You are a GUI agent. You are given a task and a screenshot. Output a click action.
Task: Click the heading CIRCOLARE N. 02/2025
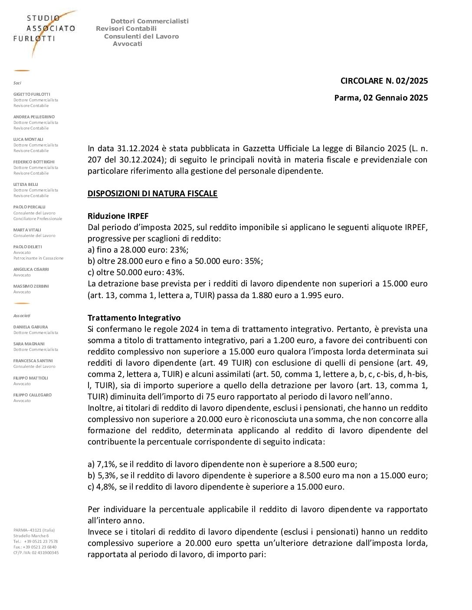coord(384,81)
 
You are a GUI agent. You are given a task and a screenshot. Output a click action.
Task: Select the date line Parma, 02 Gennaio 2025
coord(381,97)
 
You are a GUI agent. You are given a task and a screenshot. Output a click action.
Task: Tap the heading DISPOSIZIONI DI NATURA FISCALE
coord(152,193)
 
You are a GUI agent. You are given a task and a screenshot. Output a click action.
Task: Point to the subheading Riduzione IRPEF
coord(118,216)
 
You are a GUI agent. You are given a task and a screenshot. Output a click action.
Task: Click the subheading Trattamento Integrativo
coord(134,318)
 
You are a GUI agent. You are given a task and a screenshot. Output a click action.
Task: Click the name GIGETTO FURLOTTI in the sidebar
coord(32,94)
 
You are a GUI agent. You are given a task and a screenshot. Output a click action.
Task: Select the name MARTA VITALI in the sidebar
coord(28,230)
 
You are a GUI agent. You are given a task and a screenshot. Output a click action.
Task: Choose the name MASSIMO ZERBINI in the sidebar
coord(31,286)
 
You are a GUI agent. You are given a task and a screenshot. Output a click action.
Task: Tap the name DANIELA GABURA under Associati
coord(31,327)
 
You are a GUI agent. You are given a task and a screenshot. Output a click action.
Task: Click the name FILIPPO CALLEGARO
coord(33,395)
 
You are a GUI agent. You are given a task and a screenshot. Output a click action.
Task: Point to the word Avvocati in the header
coord(128,44)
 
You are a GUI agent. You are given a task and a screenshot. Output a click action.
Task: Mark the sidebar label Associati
coord(22,316)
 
